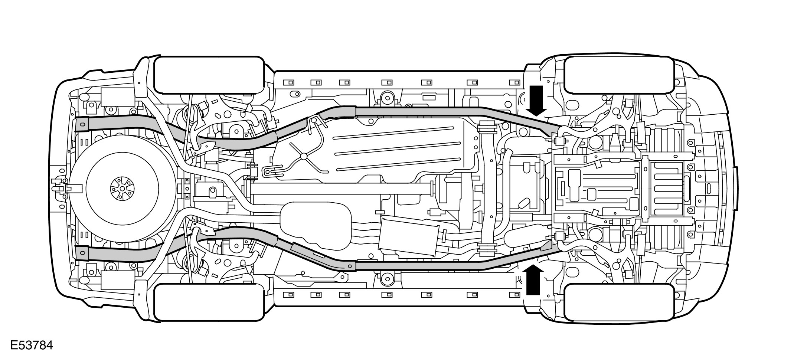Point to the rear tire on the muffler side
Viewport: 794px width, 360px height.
209,302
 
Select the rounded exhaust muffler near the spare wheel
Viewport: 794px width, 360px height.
316,225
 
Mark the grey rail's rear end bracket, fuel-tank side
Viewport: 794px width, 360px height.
82,124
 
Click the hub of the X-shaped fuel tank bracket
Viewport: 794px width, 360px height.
304,156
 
